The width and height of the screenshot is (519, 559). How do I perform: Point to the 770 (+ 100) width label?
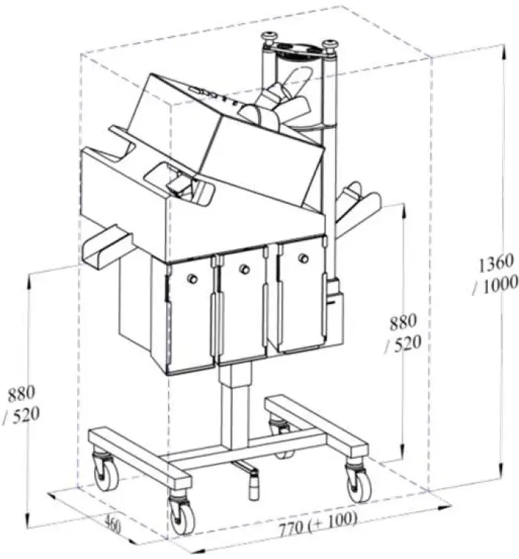(318, 518)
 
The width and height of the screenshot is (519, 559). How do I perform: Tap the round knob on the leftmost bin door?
(192, 278)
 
